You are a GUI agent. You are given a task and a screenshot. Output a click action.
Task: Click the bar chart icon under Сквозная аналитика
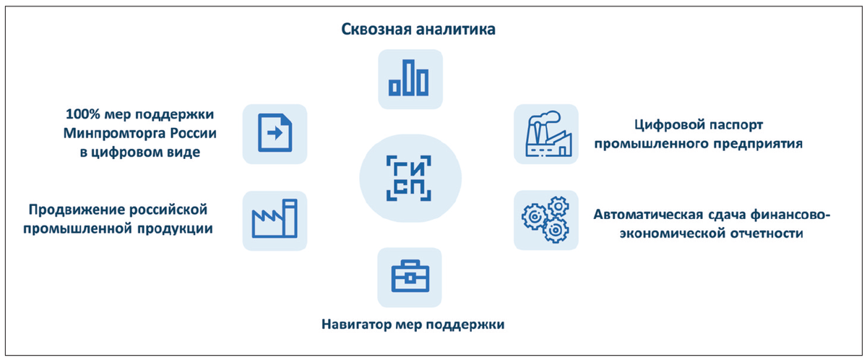point(409,79)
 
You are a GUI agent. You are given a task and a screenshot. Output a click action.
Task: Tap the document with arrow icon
point(275,133)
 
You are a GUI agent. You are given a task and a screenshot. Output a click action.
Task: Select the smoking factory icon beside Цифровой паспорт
point(545,133)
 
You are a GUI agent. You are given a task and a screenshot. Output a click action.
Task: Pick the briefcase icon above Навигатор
point(410,277)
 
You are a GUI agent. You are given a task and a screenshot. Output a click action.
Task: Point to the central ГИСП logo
point(410,177)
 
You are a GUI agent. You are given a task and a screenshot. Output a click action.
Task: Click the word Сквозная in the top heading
point(374,30)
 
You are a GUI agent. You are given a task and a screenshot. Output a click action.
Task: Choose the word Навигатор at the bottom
point(357,323)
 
